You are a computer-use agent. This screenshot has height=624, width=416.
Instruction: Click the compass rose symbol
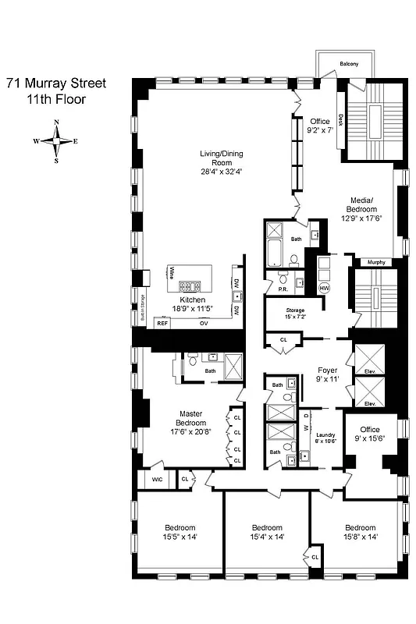click(x=55, y=141)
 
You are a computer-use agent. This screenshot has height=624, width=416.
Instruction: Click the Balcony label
click(x=349, y=64)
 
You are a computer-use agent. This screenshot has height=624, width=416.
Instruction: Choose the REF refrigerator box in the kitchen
click(x=162, y=322)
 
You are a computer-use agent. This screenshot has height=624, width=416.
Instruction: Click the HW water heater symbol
click(x=324, y=288)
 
